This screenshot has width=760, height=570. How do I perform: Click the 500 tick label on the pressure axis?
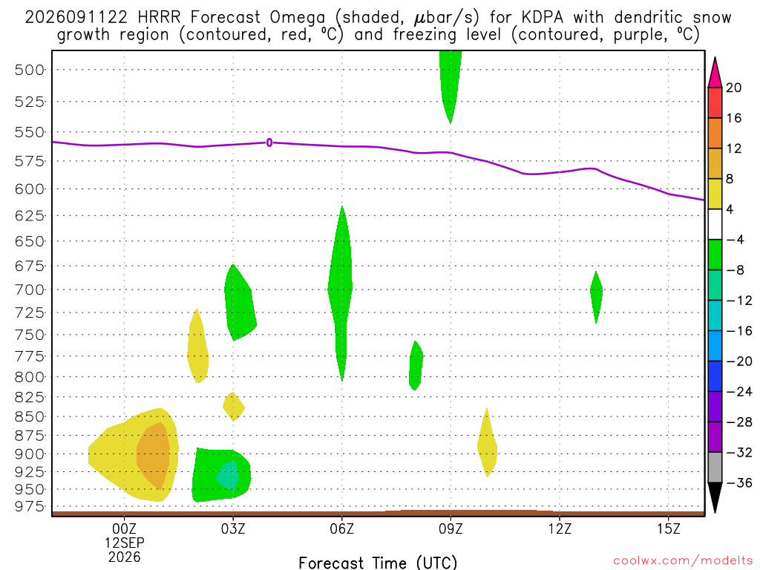click(30, 70)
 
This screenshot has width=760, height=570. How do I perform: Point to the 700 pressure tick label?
click(30, 290)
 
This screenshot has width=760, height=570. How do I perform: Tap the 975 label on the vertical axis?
click(30, 506)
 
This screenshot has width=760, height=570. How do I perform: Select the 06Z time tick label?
click(341, 528)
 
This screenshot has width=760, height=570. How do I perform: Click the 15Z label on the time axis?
click(669, 528)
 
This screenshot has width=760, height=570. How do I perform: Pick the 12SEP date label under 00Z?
click(125, 543)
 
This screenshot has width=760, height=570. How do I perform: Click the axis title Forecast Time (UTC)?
click(378, 563)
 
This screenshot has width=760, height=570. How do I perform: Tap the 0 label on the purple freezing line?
click(269, 142)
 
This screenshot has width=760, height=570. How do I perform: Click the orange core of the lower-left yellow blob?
click(153, 455)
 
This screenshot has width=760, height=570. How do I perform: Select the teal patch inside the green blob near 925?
click(228, 476)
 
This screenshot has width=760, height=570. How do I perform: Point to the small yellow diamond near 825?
click(234, 407)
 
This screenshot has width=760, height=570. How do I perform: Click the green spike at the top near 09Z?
click(451, 82)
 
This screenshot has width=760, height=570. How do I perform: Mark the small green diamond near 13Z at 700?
click(596, 297)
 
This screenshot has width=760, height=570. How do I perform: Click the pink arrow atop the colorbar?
click(715, 73)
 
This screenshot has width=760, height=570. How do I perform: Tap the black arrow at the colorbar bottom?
click(715, 497)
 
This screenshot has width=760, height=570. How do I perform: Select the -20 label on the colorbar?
click(739, 361)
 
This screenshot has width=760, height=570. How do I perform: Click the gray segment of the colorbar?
click(715, 468)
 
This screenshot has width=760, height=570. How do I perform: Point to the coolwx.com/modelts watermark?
click(683, 561)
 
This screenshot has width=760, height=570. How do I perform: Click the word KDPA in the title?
click(543, 18)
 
